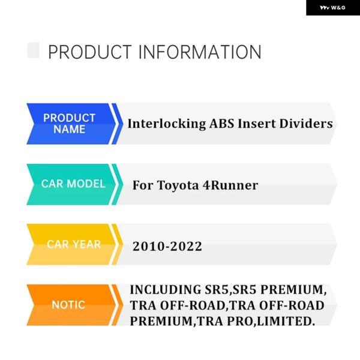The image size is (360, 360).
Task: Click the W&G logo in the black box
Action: [332, 8]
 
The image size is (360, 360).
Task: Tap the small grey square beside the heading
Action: [33, 50]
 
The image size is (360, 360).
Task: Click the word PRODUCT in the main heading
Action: [90, 52]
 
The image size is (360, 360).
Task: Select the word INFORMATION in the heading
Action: [200, 52]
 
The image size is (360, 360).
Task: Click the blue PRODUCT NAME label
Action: [70, 124]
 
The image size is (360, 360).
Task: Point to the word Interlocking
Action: [167, 124]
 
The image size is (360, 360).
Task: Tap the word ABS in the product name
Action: [221, 124]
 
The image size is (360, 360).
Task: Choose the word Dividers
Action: [306, 124]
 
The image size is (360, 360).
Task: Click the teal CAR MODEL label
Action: [73, 184]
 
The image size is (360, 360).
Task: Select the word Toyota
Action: [178, 185]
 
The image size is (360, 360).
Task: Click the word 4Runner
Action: [230, 185]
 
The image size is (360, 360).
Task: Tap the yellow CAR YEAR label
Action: [73, 245]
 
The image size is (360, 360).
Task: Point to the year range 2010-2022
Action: [167, 247]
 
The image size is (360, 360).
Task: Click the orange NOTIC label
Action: [68, 305]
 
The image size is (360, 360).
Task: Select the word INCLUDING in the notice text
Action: [166, 290]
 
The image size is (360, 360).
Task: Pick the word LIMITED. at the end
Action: [286, 321]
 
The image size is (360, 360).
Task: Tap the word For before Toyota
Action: [143, 185]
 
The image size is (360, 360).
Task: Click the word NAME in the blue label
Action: [70, 130]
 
